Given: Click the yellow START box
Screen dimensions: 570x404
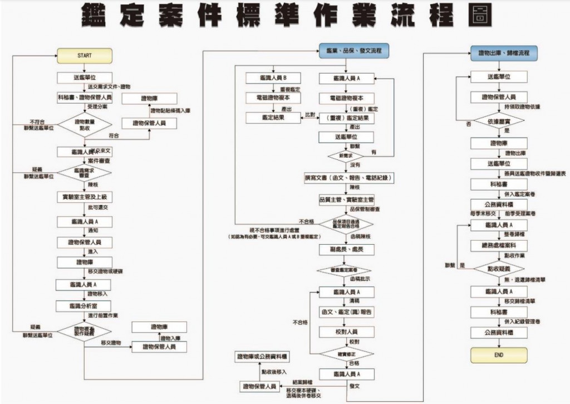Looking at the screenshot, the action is [x=85, y=55].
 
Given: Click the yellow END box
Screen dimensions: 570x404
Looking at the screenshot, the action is [x=499, y=354].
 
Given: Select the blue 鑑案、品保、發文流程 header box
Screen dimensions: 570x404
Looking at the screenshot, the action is [x=354, y=51].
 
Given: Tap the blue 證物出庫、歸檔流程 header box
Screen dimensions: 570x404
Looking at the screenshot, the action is [x=500, y=53].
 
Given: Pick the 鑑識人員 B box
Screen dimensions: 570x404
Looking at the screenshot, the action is [x=273, y=77].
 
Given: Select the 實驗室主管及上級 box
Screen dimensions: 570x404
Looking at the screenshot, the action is [x=85, y=197].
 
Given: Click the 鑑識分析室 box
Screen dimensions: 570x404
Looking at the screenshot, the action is [x=85, y=305].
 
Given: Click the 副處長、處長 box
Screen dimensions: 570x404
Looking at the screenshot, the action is [x=347, y=250].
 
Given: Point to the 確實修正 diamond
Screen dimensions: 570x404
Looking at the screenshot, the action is [x=347, y=353].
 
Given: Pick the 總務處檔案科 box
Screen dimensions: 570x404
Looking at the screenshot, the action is [x=499, y=246].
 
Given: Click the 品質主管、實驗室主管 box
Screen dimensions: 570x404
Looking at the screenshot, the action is [x=347, y=199].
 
